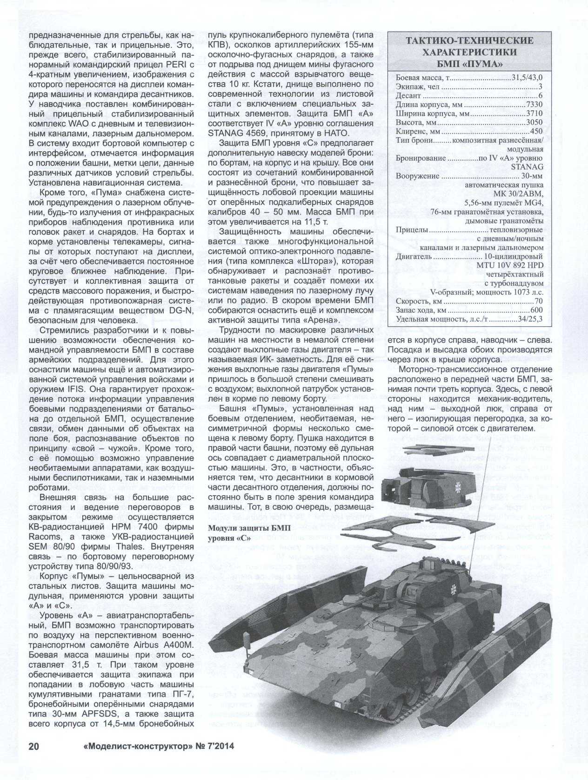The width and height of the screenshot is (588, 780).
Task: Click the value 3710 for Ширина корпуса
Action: [534, 114]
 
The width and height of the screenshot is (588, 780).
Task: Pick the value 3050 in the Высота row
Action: [534, 122]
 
